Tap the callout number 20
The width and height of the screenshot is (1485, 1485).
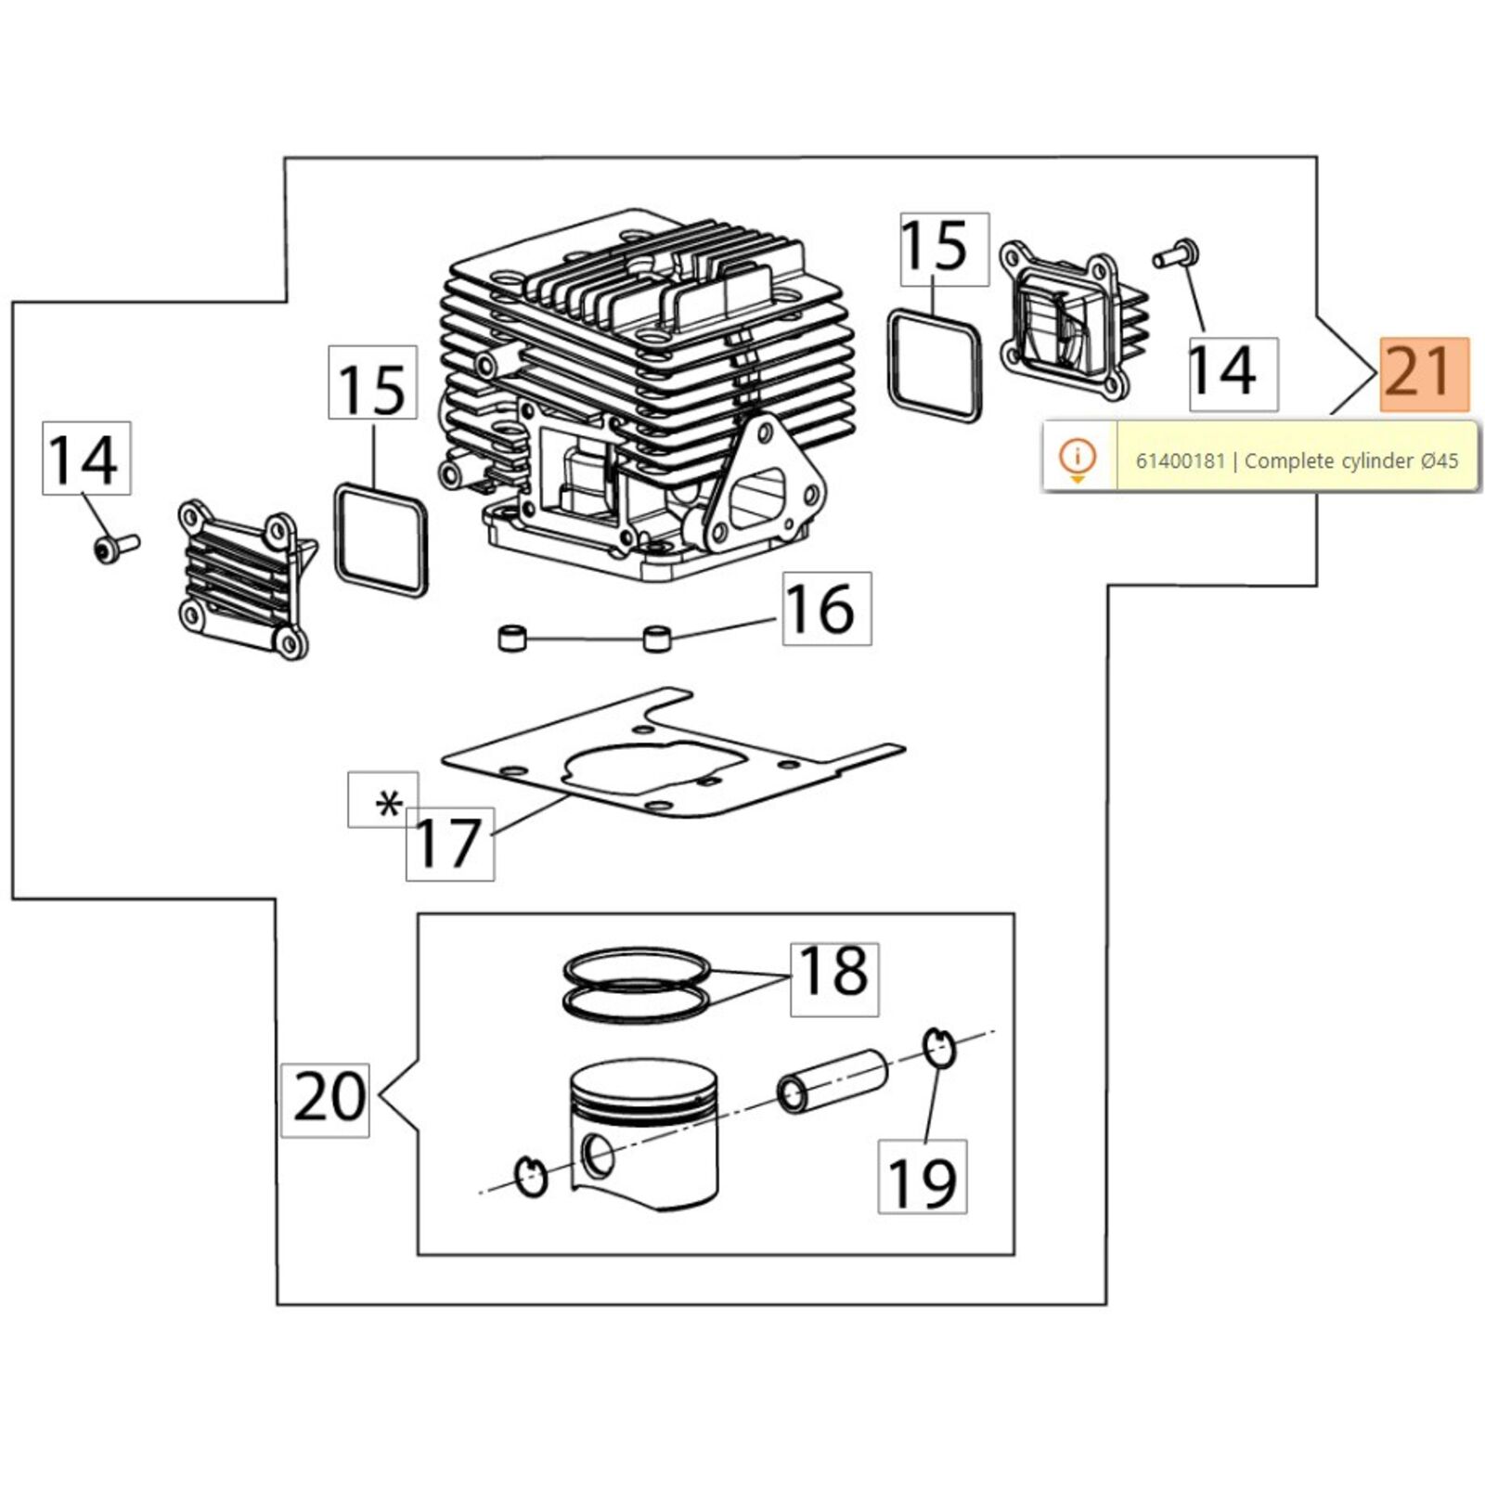pos(326,1100)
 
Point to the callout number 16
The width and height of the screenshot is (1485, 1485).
pos(827,609)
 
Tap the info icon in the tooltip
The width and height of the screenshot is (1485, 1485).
pos(1078,458)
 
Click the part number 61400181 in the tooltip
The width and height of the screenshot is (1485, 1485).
pos(1181,460)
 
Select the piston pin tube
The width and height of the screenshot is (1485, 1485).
pos(832,1080)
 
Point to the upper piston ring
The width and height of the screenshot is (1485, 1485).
pos(637,967)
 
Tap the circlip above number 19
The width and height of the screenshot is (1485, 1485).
pos(939,1048)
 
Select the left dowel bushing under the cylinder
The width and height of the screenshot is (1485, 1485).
pos(512,639)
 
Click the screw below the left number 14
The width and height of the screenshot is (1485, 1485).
pos(115,548)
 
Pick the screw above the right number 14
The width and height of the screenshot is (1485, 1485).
pos(1177,253)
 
